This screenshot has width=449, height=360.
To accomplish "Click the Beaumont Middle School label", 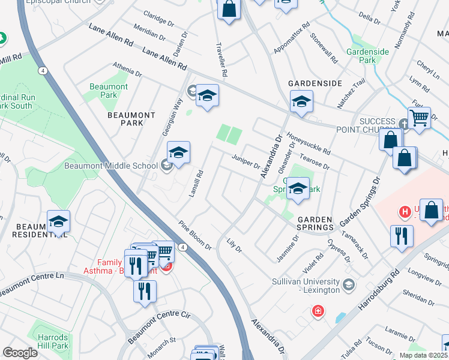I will [x=121, y=166].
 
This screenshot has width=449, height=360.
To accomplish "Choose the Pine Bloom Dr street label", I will [x=195, y=236].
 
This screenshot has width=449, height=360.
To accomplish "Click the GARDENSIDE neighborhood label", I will [x=315, y=83].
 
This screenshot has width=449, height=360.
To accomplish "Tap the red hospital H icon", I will [x=405, y=212].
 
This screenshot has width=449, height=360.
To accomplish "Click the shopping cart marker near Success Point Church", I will [x=419, y=118].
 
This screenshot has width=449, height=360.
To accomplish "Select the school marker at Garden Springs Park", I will [x=297, y=190].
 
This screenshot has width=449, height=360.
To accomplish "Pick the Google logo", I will [x=20, y=353].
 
